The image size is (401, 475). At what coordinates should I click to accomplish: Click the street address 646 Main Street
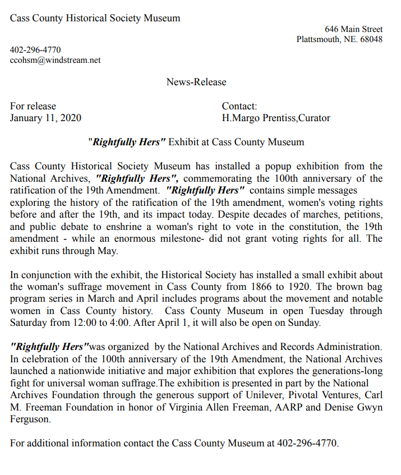click(353, 29)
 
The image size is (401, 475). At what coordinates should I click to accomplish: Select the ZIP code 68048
click(371, 39)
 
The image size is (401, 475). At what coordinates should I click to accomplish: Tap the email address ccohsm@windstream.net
click(56, 60)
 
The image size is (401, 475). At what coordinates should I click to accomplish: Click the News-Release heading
click(196, 82)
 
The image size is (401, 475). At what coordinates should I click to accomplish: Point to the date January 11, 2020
click(45, 118)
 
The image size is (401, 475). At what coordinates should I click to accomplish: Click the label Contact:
click(239, 106)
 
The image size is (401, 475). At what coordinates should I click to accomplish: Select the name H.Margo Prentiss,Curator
click(276, 118)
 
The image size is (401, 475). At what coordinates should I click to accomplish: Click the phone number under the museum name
click(35, 50)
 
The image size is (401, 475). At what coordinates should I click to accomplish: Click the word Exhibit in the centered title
click(183, 142)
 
